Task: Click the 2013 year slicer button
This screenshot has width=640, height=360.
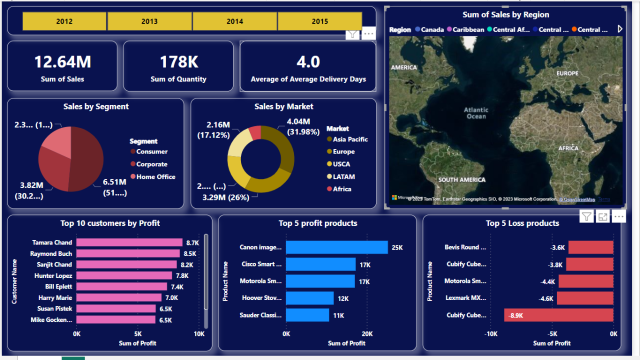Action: pyautogui.click(x=148, y=20)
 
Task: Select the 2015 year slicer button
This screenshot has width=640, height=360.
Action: pyautogui.click(x=320, y=20)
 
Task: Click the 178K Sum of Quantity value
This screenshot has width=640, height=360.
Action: pyautogui.click(x=178, y=61)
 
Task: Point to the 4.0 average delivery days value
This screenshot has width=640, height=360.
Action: pyautogui.click(x=308, y=61)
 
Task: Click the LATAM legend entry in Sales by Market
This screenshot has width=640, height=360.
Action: pyautogui.click(x=345, y=176)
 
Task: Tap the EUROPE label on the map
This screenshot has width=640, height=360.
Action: pyautogui.click(x=568, y=73)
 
